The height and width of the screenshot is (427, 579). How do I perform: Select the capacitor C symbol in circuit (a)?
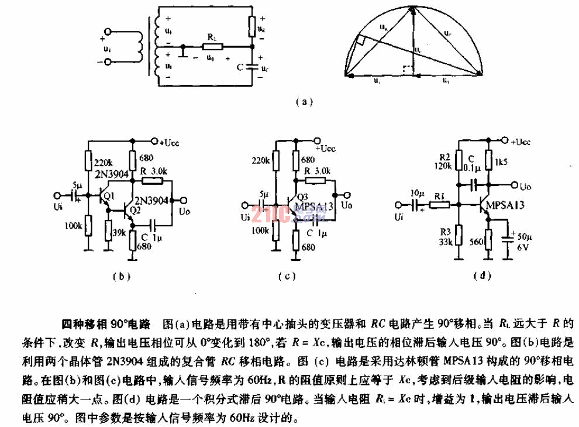252,66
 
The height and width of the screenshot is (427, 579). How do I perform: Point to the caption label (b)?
121,276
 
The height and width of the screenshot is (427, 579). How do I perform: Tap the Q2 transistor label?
136,209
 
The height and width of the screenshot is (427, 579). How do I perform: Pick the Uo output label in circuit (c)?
347,205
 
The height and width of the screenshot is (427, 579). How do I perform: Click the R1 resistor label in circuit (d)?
437,197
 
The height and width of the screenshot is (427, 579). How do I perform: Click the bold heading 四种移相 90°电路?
106,323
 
